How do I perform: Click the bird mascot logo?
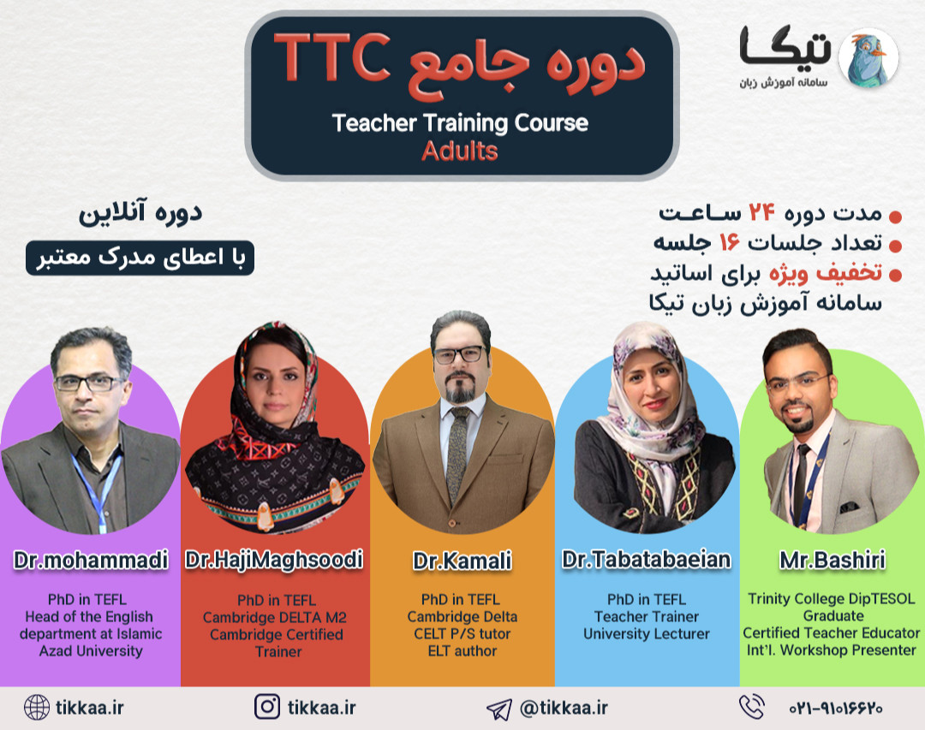coord(867,57)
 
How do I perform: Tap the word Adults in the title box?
coord(460,151)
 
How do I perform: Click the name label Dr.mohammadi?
coord(91,561)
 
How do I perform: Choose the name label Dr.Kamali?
coord(462,561)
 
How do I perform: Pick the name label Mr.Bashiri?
coord(832,561)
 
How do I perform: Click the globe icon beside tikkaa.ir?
coord(37,707)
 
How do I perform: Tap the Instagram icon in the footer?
coord(267,707)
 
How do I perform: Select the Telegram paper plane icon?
coord(498,709)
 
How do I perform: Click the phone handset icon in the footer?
coord(751,707)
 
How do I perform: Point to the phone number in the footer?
coord(835,709)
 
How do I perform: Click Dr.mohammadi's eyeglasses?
coord(88,383)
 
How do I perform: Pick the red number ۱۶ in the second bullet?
coord(729,244)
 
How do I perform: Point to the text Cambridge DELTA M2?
coord(275,617)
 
